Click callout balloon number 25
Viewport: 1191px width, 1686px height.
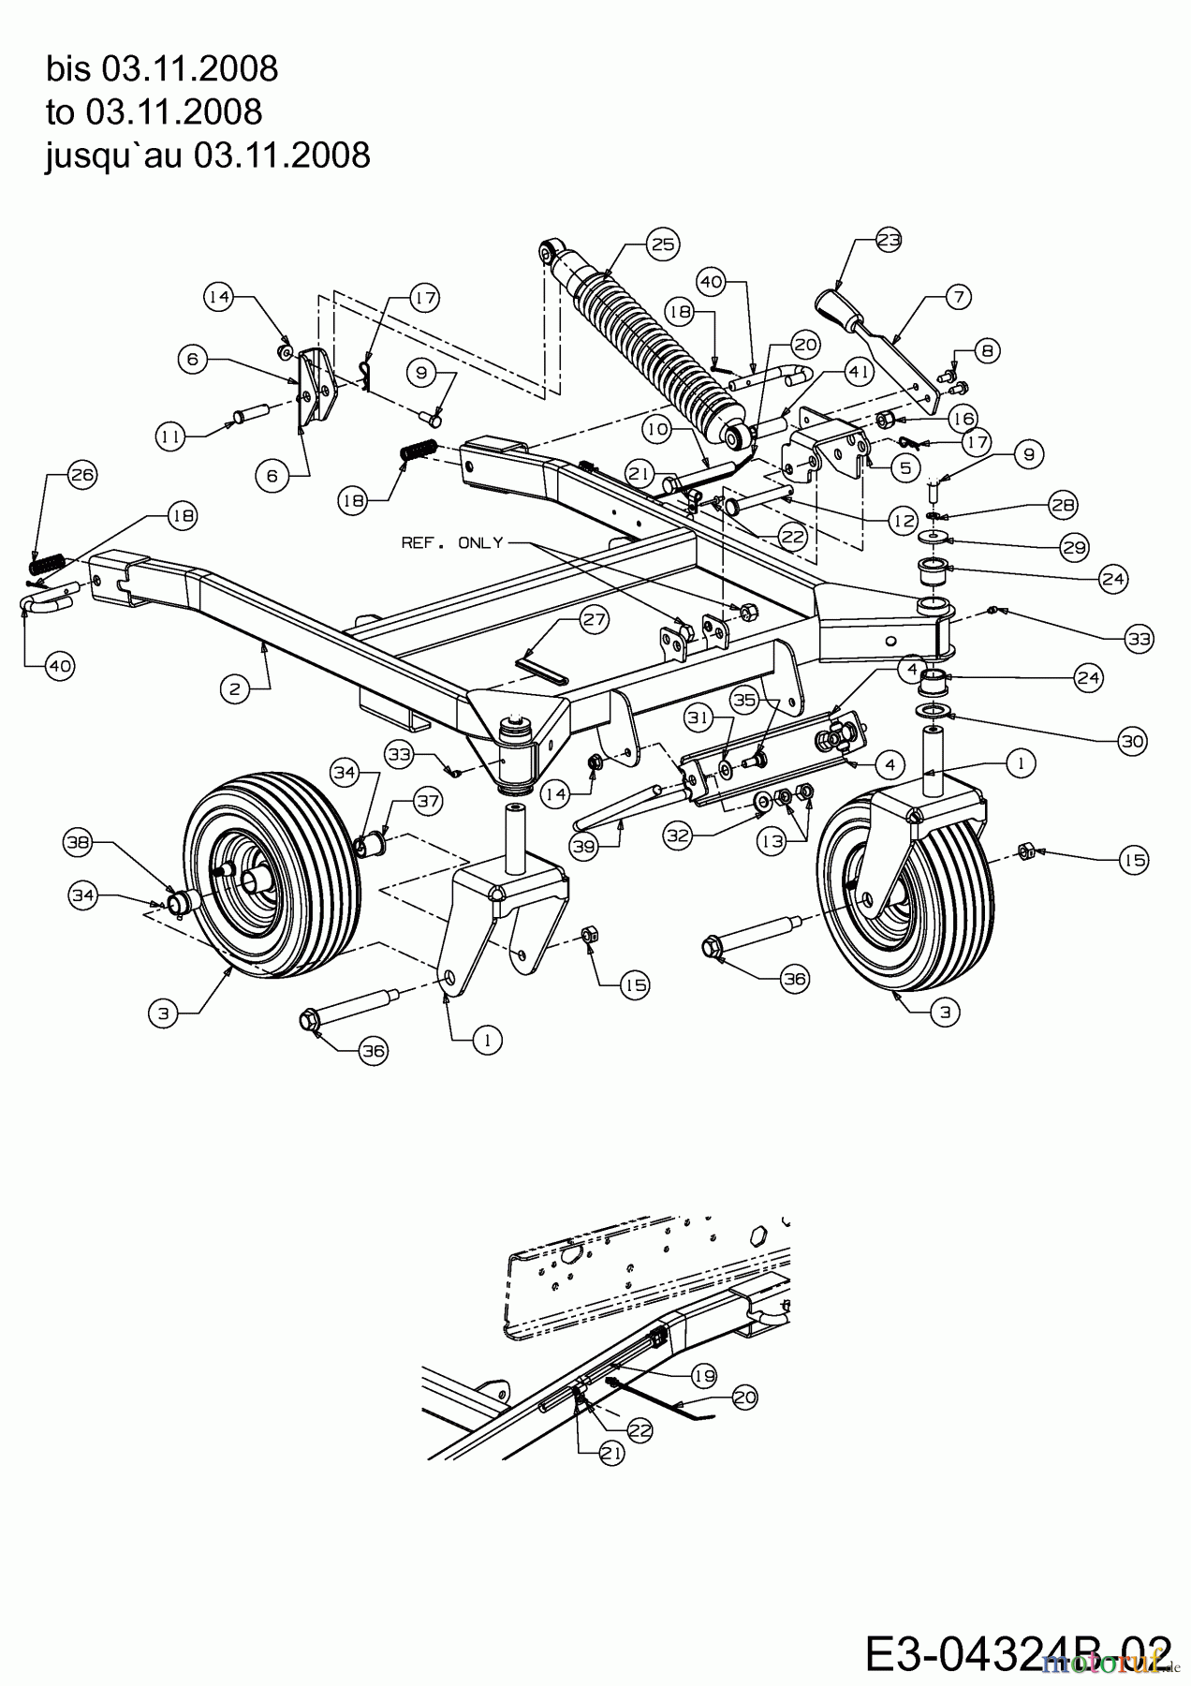pyautogui.click(x=661, y=244)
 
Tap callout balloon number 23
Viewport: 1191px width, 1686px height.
pyautogui.click(x=889, y=240)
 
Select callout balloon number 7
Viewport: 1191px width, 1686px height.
pyautogui.click(x=957, y=298)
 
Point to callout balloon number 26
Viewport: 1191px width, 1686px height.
pyautogui.click(x=82, y=475)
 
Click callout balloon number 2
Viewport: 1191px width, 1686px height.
pyautogui.click(x=234, y=689)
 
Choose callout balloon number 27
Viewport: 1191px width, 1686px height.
pyautogui.click(x=595, y=618)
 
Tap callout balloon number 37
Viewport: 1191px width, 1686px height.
pyautogui.click(x=427, y=801)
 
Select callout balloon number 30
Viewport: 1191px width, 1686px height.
pyautogui.click(x=1133, y=742)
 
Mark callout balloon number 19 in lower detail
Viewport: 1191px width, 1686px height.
pyautogui.click(x=702, y=1376)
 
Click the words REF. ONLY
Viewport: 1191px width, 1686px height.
pyautogui.click(x=452, y=543)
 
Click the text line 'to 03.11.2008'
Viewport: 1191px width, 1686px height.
pyautogui.click(x=154, y=112)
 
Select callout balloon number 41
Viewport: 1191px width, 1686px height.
pyautogui.click(x=859, y=372)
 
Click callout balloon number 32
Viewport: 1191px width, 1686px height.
pyautogui.click(x=679, y=834)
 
